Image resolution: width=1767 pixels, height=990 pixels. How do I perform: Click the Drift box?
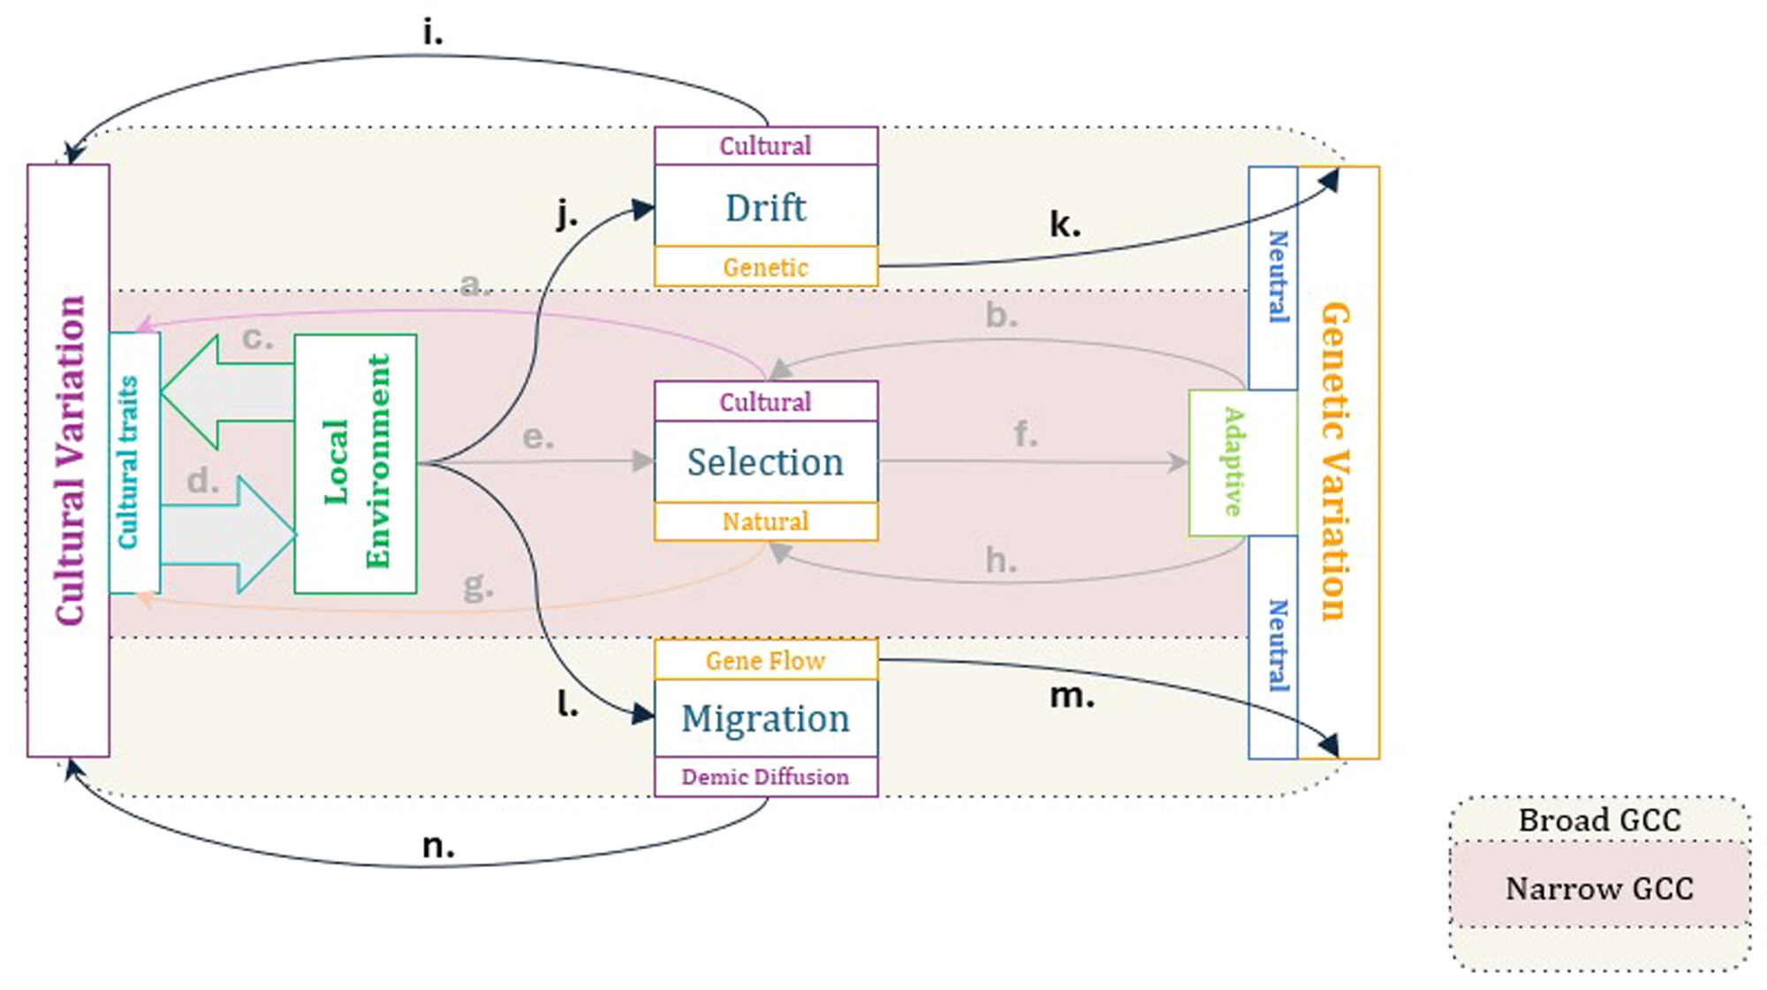(766, 205)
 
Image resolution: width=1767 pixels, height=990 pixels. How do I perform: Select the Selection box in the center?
(766, 461)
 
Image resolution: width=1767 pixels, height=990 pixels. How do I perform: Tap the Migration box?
(766, 718)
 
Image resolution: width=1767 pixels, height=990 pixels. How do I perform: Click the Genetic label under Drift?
(766, 266)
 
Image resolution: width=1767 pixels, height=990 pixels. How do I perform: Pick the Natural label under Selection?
(766, 521)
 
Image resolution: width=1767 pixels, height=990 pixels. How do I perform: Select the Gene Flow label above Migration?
(766, 659)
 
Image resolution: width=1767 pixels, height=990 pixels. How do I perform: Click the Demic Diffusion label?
(766, 776)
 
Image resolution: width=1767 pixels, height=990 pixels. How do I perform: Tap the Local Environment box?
(355, 463)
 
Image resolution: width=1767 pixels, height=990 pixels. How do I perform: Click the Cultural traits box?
(134, 462)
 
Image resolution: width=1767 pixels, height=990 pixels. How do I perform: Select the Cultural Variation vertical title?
(70, 461)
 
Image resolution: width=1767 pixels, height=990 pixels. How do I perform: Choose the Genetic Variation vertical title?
(1335, 461)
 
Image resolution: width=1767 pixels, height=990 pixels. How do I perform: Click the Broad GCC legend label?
(1600, 819)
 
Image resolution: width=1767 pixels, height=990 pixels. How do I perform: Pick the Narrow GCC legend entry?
(1600, 887)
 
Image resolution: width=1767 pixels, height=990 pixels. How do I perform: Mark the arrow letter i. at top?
(433, 33)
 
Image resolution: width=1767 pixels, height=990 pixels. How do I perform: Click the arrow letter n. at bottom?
(438, 847)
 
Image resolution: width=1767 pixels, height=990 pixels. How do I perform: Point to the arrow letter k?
(1065, 224)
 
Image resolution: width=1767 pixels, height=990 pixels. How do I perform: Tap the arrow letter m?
(1072, 697)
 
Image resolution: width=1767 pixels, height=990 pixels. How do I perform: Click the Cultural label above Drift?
(766, 145)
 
